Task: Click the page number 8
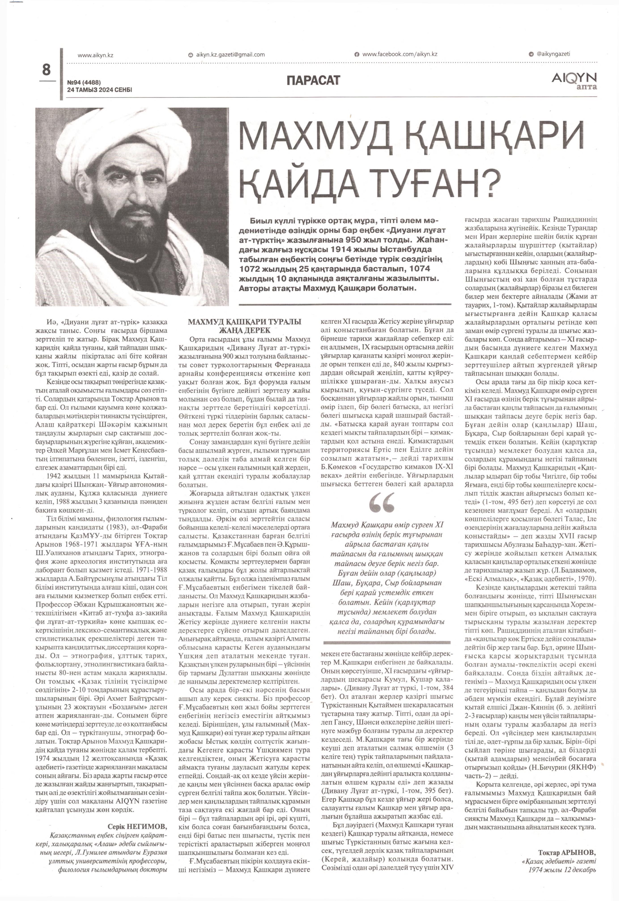[x=46, y=70]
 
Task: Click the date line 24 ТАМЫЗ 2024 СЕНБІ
[x=100, y=90]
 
